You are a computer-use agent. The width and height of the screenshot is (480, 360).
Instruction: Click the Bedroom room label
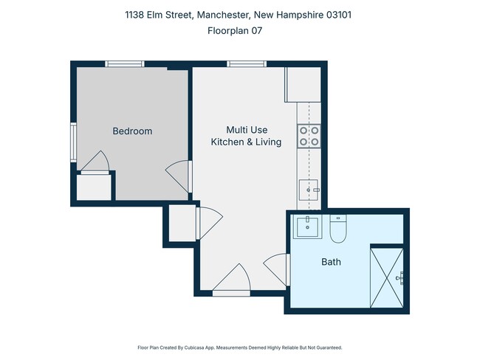(x=132, y=131)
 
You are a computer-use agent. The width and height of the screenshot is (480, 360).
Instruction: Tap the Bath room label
(x=330, y=262)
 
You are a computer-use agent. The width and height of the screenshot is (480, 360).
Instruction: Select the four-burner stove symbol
(x=309, y=134)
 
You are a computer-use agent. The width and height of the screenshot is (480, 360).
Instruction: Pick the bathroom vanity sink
(x=306, y=227)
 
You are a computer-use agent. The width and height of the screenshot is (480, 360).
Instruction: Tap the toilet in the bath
(x=338, y=229)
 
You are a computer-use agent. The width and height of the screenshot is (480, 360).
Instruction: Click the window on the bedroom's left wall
(x=73, y=141)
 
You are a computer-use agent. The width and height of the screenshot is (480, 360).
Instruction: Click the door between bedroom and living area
(x=179, y=176)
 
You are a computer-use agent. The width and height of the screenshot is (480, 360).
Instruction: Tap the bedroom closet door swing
(x=96, y=162)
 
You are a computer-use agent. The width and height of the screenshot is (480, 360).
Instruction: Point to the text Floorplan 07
(x=239, y=31)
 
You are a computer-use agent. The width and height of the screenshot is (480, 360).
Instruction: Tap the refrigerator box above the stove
(x=303, y=86)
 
